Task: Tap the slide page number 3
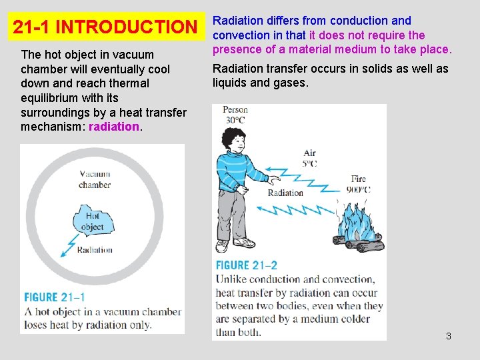click(449, 336)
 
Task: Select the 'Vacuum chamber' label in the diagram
click(95, 179)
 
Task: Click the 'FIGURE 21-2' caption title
click(251, 265)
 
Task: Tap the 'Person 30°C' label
click(235, 115)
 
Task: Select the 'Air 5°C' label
click(309, 158)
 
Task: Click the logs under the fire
click(360, 243)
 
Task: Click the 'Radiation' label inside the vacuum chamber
click(95, 251)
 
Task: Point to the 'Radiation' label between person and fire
click(285, 193)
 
